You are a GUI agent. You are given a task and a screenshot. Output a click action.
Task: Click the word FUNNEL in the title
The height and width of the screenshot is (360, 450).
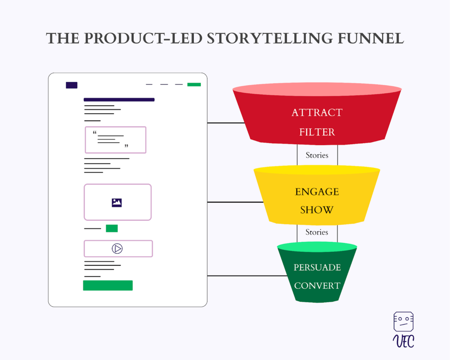pyautogui.click(x=370, y=38)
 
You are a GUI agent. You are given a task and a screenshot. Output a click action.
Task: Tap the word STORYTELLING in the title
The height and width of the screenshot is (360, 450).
pyautogui.click(x=269, y=38)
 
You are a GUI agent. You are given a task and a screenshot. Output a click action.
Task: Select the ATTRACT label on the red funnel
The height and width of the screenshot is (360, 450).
pyautogui.click(x=317, y=112)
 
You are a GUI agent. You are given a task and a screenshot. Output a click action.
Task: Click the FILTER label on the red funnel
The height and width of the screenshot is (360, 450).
pyautogui.click(x=317, y=132)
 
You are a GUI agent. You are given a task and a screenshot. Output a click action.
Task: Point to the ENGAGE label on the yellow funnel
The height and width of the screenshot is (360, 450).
pyautogui.click(x=317, y=192)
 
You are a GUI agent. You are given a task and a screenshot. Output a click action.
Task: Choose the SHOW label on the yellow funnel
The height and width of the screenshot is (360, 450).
pyautogui.click(x=317, y=210)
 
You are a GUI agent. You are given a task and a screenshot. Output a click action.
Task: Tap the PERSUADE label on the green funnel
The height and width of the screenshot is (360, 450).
pyautogui.click(x=317, y=267)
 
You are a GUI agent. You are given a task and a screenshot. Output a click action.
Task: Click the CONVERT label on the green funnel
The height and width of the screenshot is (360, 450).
pyautogui.click(x=317, y=286)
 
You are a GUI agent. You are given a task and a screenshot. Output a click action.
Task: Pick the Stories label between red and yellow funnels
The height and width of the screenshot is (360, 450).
pyautogui.click(x=317, y=155)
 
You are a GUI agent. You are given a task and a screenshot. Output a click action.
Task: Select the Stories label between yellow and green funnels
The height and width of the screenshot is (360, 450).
pyautogui.click(x=316, y=232)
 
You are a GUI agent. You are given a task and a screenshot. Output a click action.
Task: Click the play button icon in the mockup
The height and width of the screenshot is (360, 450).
pyautogui.click(x=117, y=248)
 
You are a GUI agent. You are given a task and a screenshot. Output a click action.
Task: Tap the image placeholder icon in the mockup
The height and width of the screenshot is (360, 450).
pyautogui.click(x=117, y=203)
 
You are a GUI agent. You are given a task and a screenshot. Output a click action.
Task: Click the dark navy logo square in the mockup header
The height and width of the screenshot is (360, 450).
pyautogui.click(x=72, y=85)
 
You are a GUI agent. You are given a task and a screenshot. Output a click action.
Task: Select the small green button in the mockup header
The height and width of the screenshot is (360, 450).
pyautogui.click(x=194, y=84)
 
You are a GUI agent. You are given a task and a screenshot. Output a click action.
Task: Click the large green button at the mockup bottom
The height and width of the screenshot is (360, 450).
pyautogui.click(x=108, y=285)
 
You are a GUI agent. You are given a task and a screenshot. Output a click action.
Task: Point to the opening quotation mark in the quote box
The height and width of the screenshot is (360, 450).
pyautogui.click(x=94, y=132)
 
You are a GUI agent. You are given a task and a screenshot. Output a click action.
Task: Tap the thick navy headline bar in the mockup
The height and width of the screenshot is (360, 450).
pyautogui.click(x=119, y=100)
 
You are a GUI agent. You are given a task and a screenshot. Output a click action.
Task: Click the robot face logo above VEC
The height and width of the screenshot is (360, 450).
pyautogui.click(x=403, y=321)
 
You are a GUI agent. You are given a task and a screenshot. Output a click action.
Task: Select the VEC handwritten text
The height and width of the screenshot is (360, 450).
pyautogui.click(x=403, y=341)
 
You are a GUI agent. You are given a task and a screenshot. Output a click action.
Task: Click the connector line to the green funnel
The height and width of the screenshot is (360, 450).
pyautogui.click(x=247, y=276)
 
